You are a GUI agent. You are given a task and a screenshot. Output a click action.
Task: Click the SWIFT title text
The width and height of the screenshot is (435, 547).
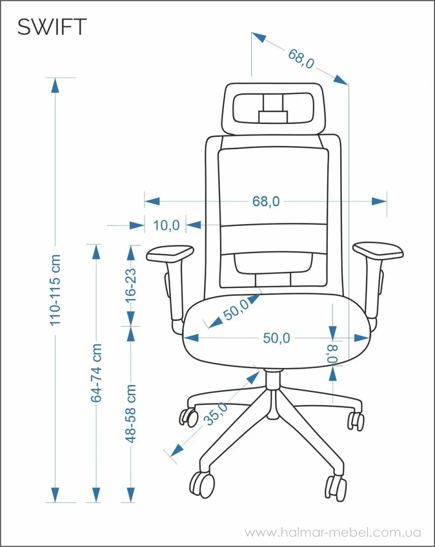coord(52,27)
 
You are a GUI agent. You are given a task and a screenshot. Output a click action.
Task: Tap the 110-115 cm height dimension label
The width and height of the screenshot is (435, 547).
coord(55,290)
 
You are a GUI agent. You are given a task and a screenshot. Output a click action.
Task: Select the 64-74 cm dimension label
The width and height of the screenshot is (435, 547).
coord(96,372)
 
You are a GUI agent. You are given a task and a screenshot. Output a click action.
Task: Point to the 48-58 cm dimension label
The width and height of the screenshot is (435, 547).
coord(131,413)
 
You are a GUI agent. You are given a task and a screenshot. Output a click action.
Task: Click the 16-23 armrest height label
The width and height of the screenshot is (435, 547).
coord(131,286)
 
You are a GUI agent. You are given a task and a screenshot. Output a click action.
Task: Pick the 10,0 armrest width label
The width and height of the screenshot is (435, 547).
coord(166,225)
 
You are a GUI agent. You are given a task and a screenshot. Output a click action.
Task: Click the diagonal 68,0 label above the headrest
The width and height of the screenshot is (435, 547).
coord(301,59)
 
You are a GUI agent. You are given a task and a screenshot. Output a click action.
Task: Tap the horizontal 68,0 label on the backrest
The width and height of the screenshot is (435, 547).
coord(266,201)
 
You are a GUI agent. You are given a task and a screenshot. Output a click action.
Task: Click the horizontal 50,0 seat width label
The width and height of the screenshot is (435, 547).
coord(276,338)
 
